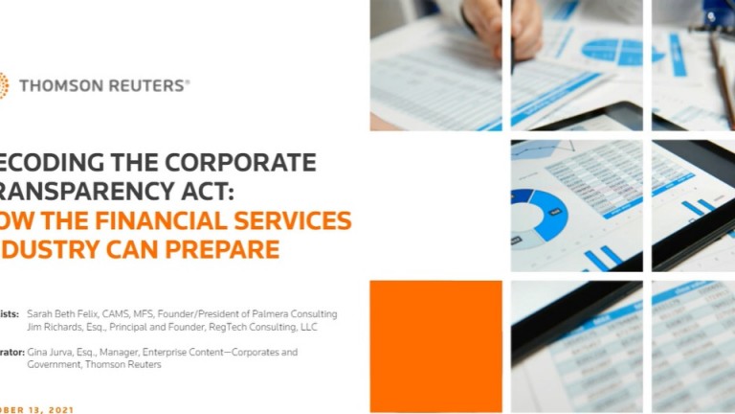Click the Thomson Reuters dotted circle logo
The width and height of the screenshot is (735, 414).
pos(3,85)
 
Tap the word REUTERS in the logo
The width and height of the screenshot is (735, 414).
pos(145,85)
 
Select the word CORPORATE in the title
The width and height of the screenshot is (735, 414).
pos(243,162)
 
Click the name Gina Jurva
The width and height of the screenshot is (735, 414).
pos(53,352)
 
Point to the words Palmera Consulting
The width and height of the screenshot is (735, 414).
pos(297,313)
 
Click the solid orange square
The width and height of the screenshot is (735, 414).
pos(435,345)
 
